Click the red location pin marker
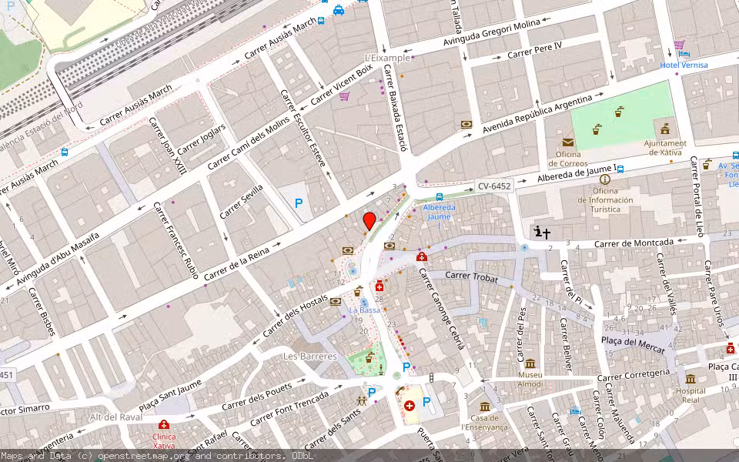tap(369, 221)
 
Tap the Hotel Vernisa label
tap(684, 65)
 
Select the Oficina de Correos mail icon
tap(567, 142)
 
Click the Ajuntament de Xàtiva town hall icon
tap(664, 129)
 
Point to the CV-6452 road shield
tap(493, 186)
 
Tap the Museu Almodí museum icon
tap(530, 363)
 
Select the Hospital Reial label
tap(690, 390)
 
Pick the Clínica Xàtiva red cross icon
tap(164, 424)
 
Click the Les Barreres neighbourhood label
tap(310, 357)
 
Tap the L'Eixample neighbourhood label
tap(387, 58)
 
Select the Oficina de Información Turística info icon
tap(604, 179)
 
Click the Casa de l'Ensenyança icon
tap(484, 407)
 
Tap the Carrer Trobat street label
tap(472, 277)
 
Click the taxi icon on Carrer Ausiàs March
tap(339, 10)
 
